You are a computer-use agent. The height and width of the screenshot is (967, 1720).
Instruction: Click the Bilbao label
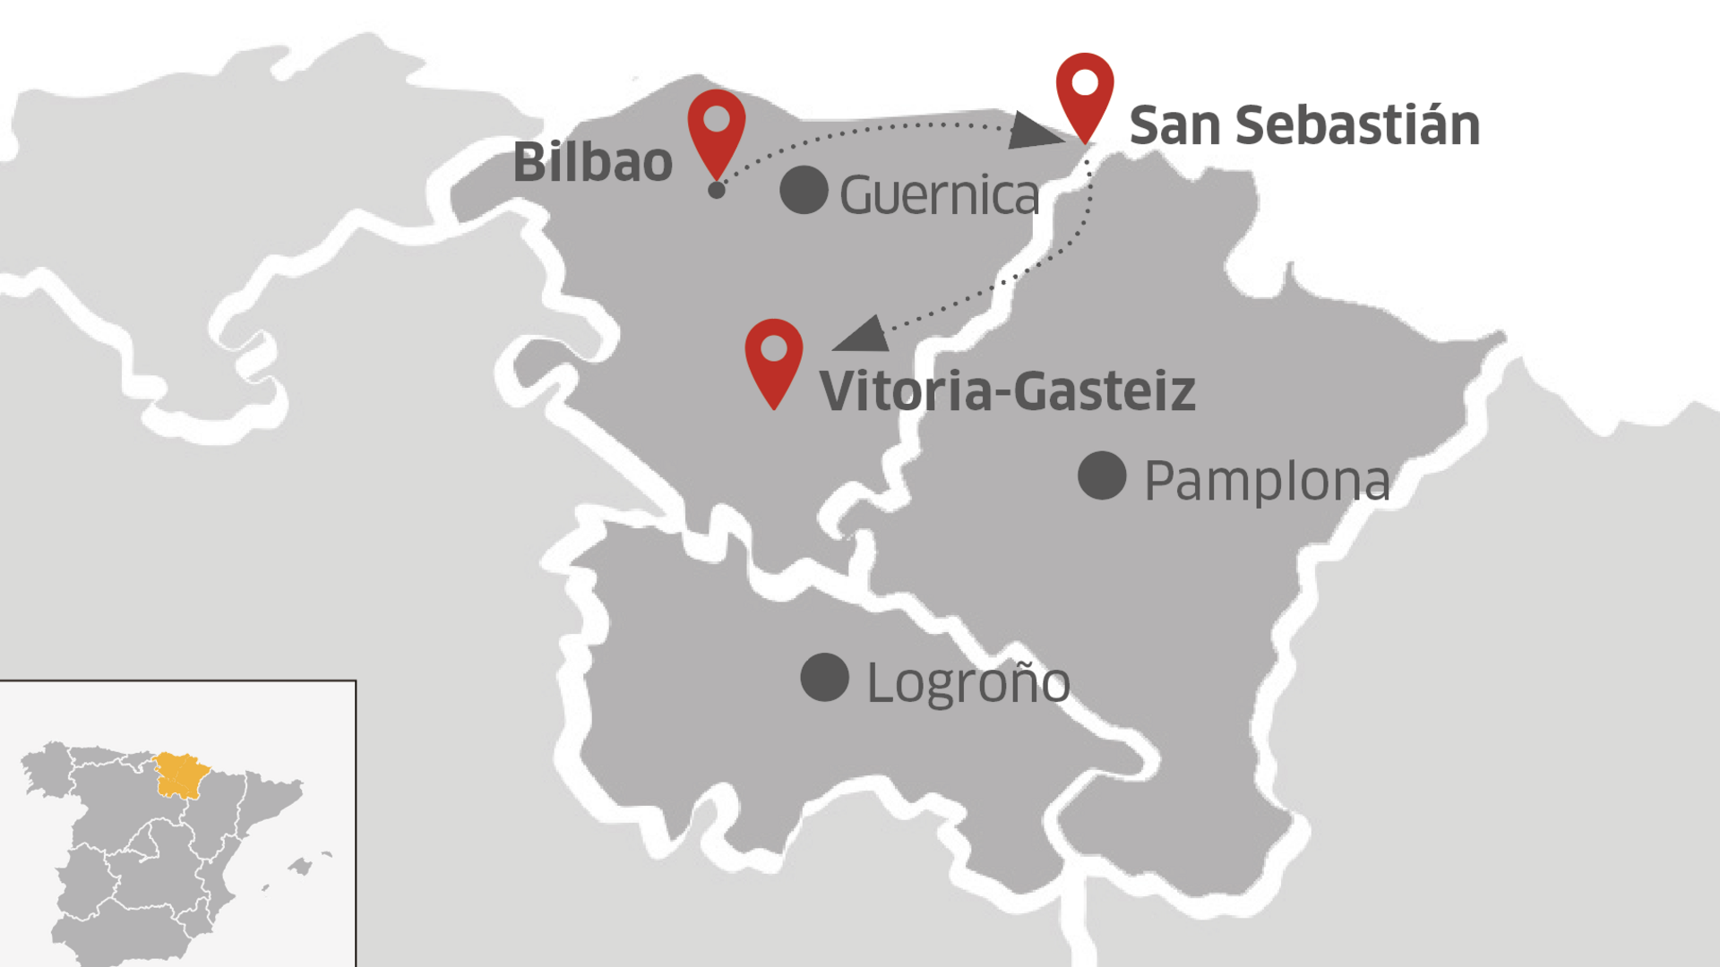pos(592,163)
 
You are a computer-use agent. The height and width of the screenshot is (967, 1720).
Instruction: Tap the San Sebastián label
pos(1303,125)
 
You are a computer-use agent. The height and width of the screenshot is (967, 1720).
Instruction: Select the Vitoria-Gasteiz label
pos(1007,391)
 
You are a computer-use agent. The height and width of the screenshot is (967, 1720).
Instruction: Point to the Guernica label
pos(939,195)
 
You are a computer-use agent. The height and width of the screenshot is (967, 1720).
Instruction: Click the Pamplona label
pos(1267,481)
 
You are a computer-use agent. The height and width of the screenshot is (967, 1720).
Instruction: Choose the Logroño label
pos(967,683)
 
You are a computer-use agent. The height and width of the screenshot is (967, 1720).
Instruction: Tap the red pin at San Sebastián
pos(1085,93)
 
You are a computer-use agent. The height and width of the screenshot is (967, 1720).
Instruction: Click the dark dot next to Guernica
pos(804,190)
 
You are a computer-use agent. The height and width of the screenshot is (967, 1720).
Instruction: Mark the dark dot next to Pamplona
pos(1102,475)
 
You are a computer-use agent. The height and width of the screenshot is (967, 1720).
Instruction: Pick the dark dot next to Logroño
pos(824,677)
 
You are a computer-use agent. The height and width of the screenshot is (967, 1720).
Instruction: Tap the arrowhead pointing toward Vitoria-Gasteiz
pos(863,336)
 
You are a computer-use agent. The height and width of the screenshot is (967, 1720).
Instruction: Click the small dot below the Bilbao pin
pos(717,190)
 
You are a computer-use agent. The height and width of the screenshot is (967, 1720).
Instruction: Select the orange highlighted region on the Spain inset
pos(182,775)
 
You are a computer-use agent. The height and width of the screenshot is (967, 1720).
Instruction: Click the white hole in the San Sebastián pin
pos(1085,82)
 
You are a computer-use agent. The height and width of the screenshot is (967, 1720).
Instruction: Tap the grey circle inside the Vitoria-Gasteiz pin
pos(774,348)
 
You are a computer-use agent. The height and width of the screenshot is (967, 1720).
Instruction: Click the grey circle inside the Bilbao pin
pos(717,118)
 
